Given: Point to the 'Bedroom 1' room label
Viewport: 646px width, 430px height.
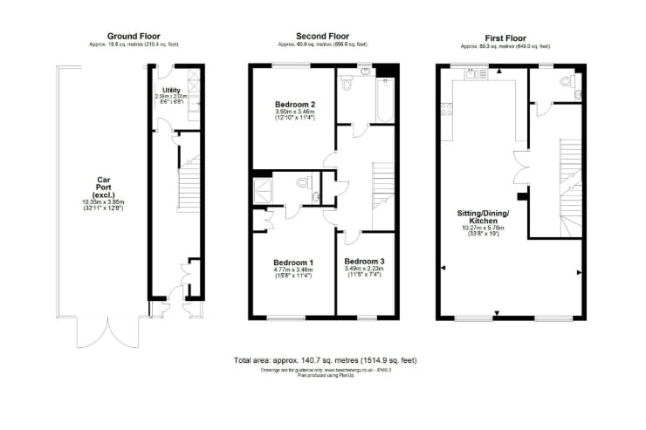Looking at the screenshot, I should point(293,263).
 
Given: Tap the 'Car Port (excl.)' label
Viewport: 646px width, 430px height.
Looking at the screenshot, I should point(104,186).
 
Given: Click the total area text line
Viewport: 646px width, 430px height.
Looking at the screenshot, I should point(326,359).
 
